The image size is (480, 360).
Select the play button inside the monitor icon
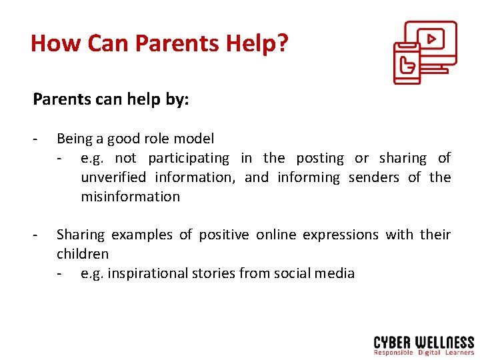(x=431, y=39)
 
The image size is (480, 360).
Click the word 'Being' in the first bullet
(x=75, y=139)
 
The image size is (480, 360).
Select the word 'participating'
(x=189, y=158)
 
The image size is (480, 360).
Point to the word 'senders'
(x=374, y=177)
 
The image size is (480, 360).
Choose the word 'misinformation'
(x=130, y=197)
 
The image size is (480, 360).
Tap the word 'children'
(x=83, y=254)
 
